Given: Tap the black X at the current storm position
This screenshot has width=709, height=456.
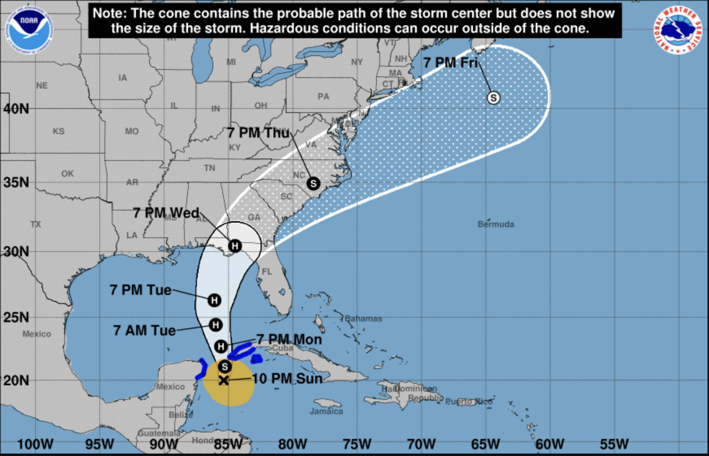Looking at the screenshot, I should coord(223,380).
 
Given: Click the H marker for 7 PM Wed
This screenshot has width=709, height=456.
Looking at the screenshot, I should coord(234,245).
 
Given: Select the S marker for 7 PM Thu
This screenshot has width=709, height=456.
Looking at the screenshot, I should coord(313,183).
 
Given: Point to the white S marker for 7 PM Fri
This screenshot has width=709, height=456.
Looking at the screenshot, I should coord(493,98).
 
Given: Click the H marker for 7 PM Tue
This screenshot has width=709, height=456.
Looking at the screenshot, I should coord(214,300).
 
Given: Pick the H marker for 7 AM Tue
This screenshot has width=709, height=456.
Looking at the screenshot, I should coord(215,325).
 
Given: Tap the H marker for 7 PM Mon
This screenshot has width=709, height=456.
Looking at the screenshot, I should coord(221,346).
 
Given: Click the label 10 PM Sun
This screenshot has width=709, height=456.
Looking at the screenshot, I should coord(287,378).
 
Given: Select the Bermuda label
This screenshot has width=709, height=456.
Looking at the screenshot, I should coord(496,224).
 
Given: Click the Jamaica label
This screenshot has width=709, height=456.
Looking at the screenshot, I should coord(326,411).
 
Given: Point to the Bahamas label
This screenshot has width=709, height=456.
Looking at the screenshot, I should coord(363,319).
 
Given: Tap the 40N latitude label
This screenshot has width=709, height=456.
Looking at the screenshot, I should coord(16,109).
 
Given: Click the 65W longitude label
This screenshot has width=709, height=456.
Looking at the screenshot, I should coord(485,444).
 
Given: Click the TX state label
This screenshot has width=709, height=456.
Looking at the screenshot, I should coord(35,224).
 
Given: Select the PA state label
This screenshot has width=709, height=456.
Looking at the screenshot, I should coord(323,96).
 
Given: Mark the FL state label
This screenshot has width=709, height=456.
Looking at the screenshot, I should coord(267,271).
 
